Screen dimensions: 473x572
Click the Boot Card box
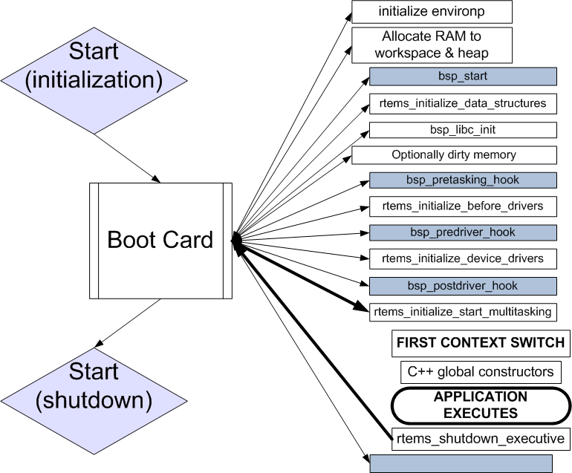click(160, 240)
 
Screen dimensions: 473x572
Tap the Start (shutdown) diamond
click(94, 385)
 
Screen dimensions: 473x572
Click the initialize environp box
click(432, 12)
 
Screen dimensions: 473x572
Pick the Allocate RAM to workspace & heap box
click(432, 45)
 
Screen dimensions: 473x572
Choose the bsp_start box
click(463, 76)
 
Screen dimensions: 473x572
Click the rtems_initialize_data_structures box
click(463, 103)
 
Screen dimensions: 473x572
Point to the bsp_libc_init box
click(463, 130)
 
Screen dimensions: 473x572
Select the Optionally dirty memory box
click(454, 155)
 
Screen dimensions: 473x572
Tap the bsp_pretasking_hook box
click(463, 180)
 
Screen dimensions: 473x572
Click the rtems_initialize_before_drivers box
click(463, 206)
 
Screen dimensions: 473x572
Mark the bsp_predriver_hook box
click(463, 232)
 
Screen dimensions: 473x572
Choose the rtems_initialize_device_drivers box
click(463, 259)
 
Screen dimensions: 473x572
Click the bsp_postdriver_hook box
click(463, 286)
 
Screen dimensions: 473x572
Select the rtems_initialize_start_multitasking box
click(463, 312)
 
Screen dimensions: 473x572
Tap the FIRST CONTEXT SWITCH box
click(481, 343)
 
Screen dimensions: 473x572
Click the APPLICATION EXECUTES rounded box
click(481, 405)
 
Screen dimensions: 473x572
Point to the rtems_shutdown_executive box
click(481, 438)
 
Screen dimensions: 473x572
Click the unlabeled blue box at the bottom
click(461, 463)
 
